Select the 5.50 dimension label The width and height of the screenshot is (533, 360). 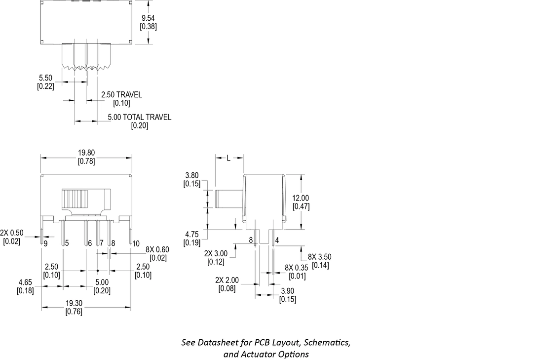[x=45, y=78]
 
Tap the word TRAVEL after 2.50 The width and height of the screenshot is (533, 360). [x=129, y=94]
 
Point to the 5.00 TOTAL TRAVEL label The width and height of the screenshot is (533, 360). [x=140, y=117]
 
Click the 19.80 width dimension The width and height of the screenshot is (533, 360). [x=86, y=153]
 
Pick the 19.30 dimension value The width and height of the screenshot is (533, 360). [x=74, y=303]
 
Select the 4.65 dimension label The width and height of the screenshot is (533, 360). [x=25, y=282]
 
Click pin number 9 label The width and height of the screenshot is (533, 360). [x=45, y=243]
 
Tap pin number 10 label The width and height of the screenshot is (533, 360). [x=136, y=243]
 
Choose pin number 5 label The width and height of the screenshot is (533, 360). [x=66, y=243]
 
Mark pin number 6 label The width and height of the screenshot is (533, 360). [x=90, y=243]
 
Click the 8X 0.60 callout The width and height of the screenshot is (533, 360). [x=157, y=249]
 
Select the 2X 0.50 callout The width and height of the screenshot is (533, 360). [x=12, y=233]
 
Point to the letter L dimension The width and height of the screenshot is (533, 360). [x=228, y=159]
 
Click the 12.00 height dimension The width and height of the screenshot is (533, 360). [x=301, y=198]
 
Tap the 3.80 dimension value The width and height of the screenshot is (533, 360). [x=191, y=175]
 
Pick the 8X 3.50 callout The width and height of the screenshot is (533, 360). [x=319, y=257]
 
